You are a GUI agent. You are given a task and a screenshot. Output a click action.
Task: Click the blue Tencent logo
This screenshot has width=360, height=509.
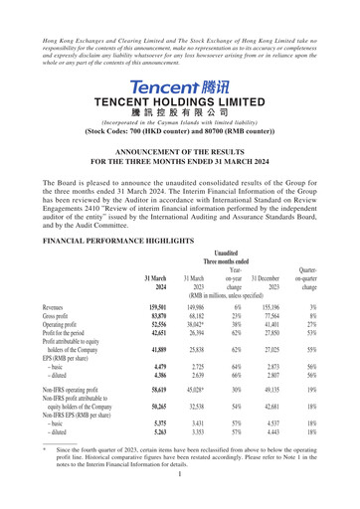179,86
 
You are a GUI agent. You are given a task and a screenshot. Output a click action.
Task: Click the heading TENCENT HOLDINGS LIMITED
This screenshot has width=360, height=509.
179,102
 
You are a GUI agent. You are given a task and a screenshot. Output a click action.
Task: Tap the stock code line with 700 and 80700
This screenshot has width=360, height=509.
179,129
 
